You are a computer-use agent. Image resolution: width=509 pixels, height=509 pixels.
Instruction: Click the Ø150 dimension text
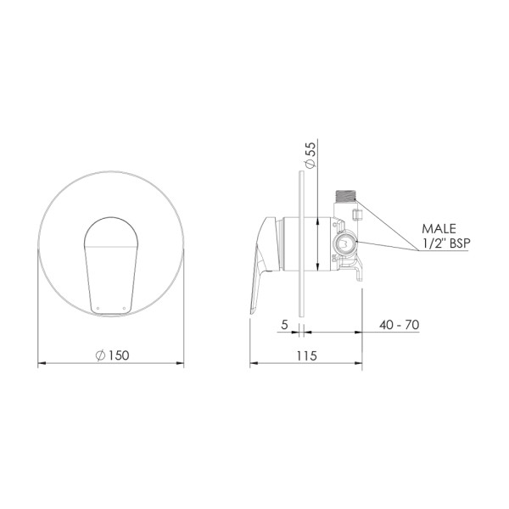[x=112, y=355]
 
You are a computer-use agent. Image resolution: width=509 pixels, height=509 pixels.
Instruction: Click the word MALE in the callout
[x=439, y=229]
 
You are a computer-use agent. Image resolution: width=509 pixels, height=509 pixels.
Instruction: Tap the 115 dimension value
[x=306, y=355]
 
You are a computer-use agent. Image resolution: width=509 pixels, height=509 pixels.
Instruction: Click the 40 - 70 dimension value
[x=398, y=325]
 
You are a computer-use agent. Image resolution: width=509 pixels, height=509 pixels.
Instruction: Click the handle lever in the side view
[x=263, y=263]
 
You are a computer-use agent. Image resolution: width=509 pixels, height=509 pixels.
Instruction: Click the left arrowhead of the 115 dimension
[x=253, y=366]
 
